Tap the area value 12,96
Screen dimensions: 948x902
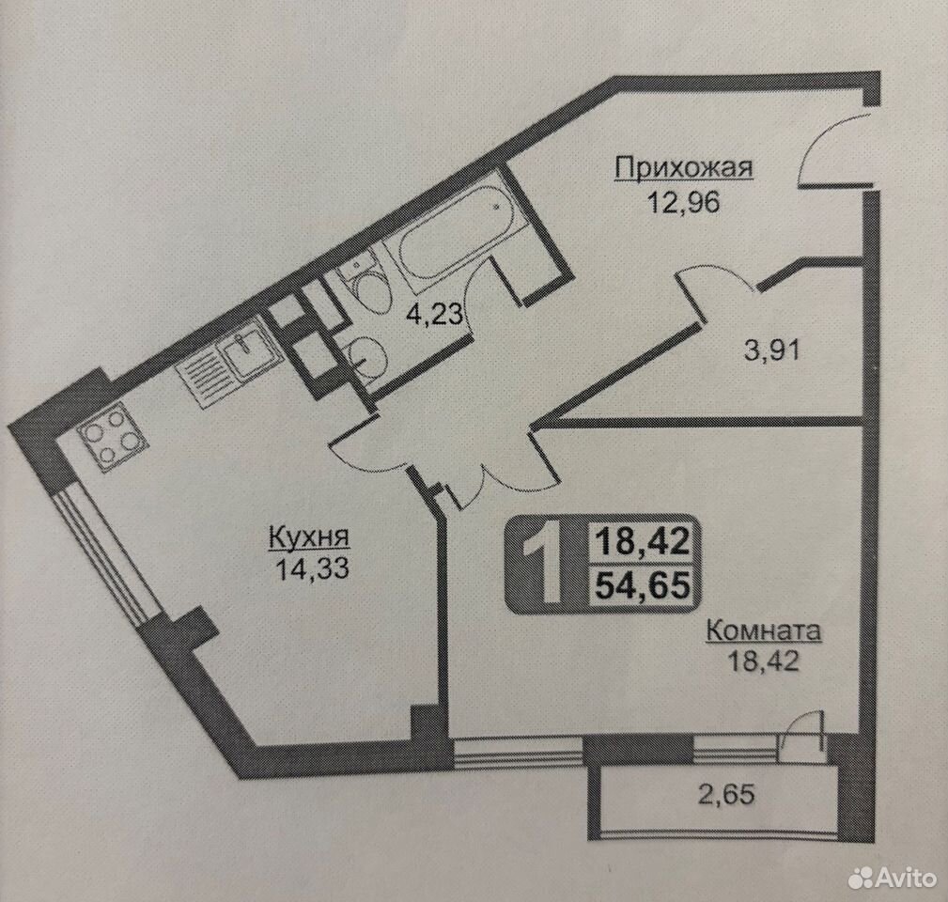pos(684,202)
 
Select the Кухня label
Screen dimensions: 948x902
pos(309,537)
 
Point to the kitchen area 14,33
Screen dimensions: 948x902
pos(312,568)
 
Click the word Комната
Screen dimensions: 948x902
pos(764,630)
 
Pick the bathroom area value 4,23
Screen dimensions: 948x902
pos(435,314)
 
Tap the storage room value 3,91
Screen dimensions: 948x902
pos(771,350)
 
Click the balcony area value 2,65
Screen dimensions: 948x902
pos(726,794)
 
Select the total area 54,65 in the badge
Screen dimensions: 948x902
pos(643,585)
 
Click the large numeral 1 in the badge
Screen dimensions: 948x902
pos(544,564)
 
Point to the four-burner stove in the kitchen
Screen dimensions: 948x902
pos(113,437)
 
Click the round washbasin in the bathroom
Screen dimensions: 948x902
pos(365,357)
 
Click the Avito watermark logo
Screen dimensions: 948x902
pos(892,876)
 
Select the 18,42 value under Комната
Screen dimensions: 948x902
pos(763,661)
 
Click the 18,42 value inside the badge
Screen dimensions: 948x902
pos(643,540)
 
